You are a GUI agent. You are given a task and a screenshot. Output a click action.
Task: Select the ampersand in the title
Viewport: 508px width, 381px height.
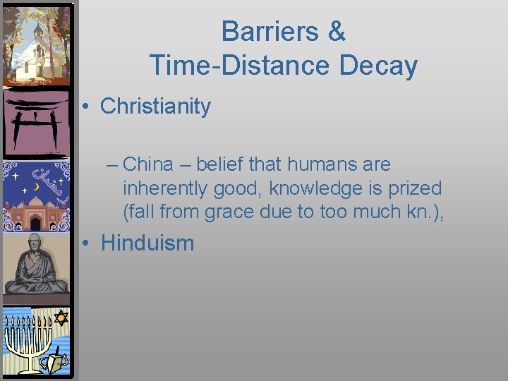[336, 32]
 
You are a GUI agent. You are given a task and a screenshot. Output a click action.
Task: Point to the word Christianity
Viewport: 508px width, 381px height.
[155, 107]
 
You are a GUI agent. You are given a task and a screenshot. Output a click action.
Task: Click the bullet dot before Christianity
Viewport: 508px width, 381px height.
[84, 107]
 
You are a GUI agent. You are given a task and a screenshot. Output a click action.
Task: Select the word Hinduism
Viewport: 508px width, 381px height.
[147, 243]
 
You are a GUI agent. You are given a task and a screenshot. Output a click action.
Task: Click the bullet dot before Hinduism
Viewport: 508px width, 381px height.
[84, 244]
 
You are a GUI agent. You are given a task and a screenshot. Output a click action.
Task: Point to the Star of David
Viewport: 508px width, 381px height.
[61, 318]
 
